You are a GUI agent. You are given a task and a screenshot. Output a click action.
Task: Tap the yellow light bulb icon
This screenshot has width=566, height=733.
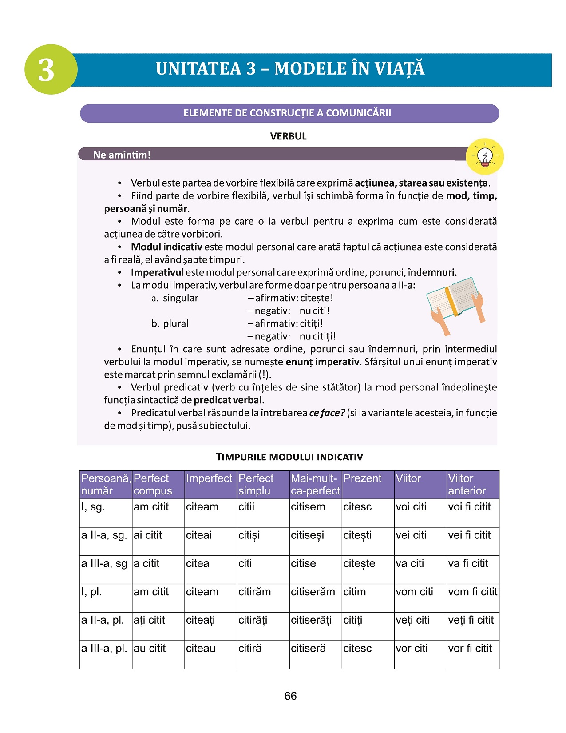[x=485, y=156]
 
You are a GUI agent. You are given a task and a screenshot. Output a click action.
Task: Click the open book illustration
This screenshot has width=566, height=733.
[x=455, y=302]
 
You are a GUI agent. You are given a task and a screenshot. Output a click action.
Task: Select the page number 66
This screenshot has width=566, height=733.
[x=290, y=696]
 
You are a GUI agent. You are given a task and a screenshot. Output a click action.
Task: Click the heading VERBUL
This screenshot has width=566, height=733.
[x=288, y=136]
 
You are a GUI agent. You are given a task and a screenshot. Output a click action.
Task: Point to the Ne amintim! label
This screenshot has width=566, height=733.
[x=122, y=155]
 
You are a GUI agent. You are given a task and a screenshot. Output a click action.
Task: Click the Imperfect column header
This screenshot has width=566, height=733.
[x=209, y=478]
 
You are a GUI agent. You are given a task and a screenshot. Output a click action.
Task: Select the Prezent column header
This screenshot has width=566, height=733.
[x=362, y=478]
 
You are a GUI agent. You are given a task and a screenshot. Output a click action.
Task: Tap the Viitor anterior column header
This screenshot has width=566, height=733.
[x=467, y=485]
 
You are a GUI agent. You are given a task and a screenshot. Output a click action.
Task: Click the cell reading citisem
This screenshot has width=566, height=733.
[x=308, y=507]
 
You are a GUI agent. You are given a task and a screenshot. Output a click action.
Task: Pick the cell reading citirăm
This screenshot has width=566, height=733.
[x=255, y=592]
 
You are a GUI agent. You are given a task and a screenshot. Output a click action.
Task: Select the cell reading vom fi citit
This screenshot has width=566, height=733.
[x=473, y=592]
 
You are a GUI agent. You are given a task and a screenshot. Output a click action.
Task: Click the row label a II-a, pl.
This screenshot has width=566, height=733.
[x=103, y=620]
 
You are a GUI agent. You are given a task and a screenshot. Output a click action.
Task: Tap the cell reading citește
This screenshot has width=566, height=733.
[x=359, y=564]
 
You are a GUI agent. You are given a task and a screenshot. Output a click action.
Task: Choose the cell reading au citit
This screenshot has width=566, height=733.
[x=150, y=649]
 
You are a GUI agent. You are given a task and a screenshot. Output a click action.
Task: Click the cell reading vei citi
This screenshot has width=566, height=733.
[x=411, y=535]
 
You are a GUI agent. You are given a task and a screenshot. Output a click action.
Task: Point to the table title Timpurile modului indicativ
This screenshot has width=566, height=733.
[x=289, y=457]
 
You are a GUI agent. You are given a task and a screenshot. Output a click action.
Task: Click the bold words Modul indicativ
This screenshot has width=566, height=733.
[x=166, y=247]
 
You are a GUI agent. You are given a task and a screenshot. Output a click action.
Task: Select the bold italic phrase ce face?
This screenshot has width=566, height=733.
[x=327, y=413]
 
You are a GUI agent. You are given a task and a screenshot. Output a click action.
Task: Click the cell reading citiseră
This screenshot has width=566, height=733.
[x=308, y=649]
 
